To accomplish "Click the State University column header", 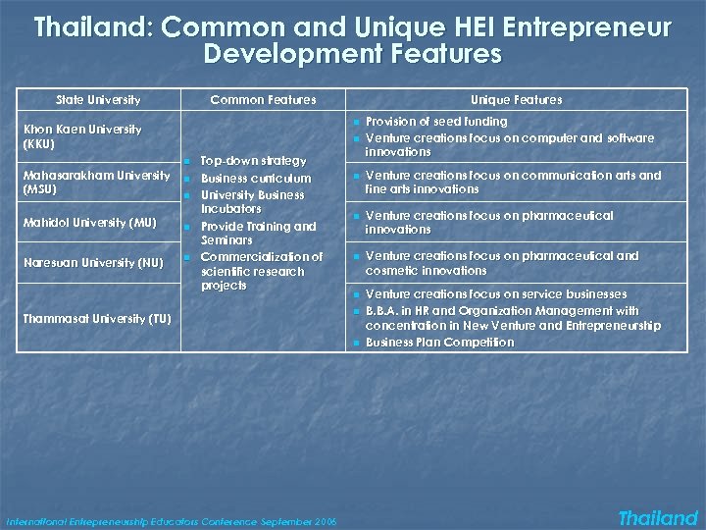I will point(98,99).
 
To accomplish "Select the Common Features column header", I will point(263,99).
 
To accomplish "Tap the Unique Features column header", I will point(516,99).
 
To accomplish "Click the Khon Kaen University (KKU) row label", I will point(82,136).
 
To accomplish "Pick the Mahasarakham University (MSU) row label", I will point(97,182).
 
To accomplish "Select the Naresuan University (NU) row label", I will point(92,262).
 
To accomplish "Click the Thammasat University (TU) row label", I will point(96,318).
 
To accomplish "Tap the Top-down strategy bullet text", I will point(253,160).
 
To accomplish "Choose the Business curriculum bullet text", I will point(256,179).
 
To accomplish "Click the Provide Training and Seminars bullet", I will point(259,233).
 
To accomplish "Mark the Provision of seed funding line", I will point(436,121).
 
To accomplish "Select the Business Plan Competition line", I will point(439,343).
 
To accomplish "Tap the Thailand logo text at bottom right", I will point(658,518).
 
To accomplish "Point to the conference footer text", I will point(171,521).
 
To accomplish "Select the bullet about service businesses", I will point(495,294).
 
